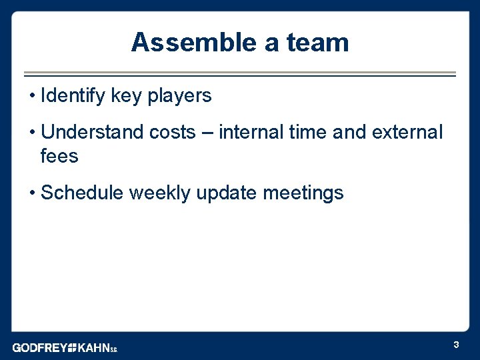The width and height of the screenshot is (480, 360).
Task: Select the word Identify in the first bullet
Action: click(x=73, y=96)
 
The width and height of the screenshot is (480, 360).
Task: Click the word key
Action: click(x=127, y=96)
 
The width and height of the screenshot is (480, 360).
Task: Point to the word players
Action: click(x=179, y=96)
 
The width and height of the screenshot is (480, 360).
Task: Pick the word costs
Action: click(x=172, y=132)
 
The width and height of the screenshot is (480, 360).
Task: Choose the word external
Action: click(x=407, y=132)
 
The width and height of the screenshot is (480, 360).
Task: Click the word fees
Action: click(x=59, y=157)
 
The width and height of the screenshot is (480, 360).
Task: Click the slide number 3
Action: click(x=456, y=345)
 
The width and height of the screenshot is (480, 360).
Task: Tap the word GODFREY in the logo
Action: click(x=39, y=347)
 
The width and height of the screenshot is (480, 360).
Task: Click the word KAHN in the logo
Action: click(x=93, y=347)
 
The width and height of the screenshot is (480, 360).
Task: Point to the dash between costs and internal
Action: click(x=207, y=133)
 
